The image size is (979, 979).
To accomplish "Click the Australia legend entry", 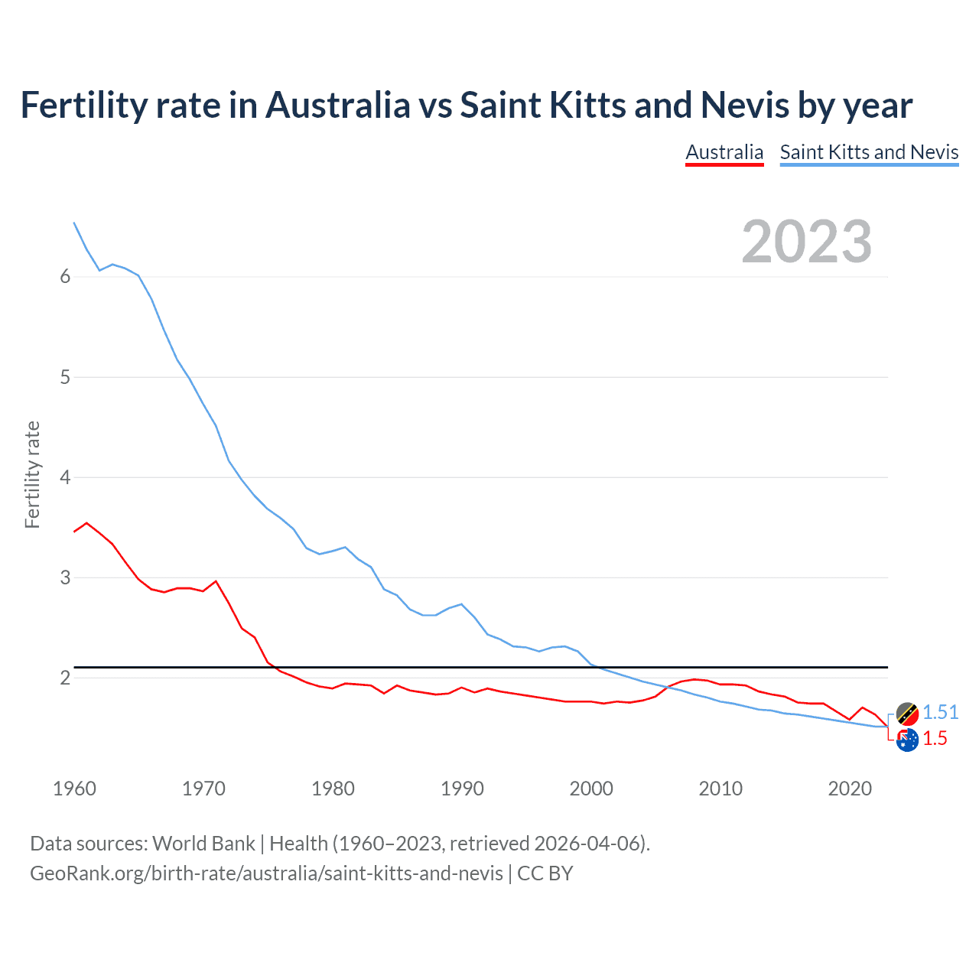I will tap(724, 152).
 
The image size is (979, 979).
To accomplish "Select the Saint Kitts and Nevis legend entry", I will tap(869, 152).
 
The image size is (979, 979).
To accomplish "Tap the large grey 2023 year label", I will tap(806, 242).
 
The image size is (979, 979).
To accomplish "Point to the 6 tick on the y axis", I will tap(65, 277).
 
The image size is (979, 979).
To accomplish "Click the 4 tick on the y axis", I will tap(65, 477).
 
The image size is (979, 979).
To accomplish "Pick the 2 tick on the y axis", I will tap(65, 678).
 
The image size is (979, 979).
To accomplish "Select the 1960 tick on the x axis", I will tap(74, 789).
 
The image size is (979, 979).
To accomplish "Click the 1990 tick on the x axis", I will tap(462, 789).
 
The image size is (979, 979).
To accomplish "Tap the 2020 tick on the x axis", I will tap(850, 789).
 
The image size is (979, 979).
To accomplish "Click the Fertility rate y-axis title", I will tap(32, 474).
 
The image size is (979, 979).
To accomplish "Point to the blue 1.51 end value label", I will tap(940, 712).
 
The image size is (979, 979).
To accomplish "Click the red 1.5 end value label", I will tap(935, 738).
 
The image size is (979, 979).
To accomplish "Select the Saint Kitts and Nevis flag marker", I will tap(907, 714).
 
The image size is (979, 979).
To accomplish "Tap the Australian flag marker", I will tap(907, 740).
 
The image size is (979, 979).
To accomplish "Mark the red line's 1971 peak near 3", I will tap(216, 581).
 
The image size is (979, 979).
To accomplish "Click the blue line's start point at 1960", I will tap(74, 223).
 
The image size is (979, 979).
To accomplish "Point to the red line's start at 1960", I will tap(74, 531).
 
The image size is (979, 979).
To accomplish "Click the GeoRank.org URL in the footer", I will tap(266, 873).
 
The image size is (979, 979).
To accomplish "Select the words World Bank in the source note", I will tap(203, 843).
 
